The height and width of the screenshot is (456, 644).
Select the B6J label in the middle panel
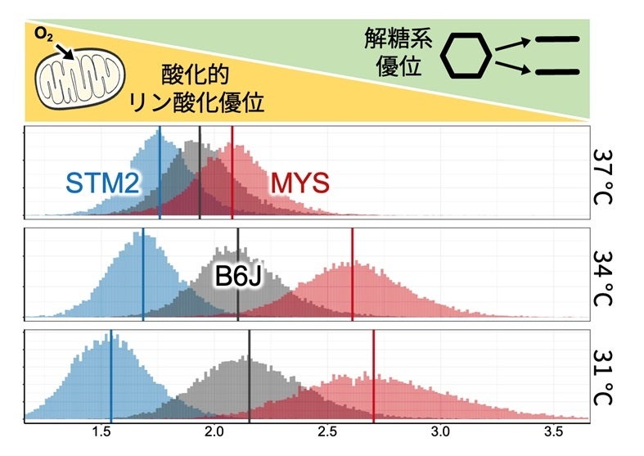click(x=239, y=276)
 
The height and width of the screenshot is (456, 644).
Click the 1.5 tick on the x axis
click(x=101, y=431)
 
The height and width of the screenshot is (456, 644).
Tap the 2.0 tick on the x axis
click(x=214, y=431)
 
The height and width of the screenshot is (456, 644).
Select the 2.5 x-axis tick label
click(x=327, y=431)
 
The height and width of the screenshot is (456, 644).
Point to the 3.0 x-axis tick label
click(x=440, y=431)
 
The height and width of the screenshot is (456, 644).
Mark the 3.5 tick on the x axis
click(x=553, y=431)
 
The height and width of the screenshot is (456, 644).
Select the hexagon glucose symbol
click(x=466, y=58)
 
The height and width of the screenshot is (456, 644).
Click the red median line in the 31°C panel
click(x=373, y=377)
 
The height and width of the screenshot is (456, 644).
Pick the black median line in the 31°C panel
click(x=249, y=377)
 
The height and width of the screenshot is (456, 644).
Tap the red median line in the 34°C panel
click(x=352, y=274)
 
